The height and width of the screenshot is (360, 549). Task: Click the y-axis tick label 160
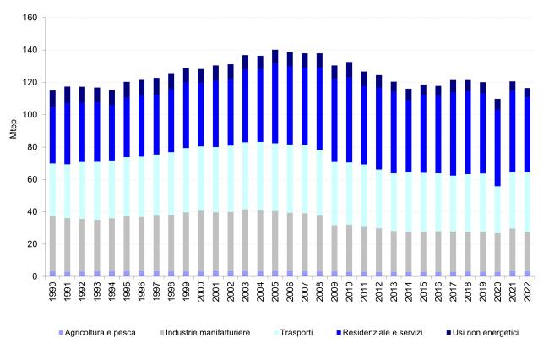click(x=30, y=18)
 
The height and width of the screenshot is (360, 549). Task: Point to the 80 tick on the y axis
click(x=32, y=147)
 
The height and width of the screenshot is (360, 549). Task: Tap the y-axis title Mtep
click(x=14, y=129)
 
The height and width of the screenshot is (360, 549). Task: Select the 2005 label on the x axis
click(x=274, y=292)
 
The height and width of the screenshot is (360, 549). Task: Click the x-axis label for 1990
click(x=52, y=292)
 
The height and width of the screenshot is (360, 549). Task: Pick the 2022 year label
click(x=527, y=292)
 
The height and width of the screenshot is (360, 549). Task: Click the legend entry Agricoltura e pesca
click(x=97, y=333)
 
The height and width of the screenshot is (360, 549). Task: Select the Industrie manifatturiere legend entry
click(x=205, y=333)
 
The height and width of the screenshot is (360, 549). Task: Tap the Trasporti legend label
click(x=293, y=333)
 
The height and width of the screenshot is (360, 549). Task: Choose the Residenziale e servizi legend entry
click(x=379, y=333)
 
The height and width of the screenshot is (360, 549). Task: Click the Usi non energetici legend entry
click(x=482, y=333)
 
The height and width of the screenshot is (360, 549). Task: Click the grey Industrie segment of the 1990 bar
click(x=52, y=243)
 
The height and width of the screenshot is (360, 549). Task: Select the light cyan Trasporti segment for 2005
click(x=274, y=177)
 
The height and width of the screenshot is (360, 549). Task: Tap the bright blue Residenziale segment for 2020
click(x=497, y=148)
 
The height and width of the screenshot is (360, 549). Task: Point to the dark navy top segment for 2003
click(x=246, y=63)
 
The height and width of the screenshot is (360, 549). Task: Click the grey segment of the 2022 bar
click(x=527, y=251)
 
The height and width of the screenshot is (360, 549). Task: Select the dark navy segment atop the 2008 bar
click(x=319, y=61)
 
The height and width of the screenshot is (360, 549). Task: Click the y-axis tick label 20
click(x=32, y=244)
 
